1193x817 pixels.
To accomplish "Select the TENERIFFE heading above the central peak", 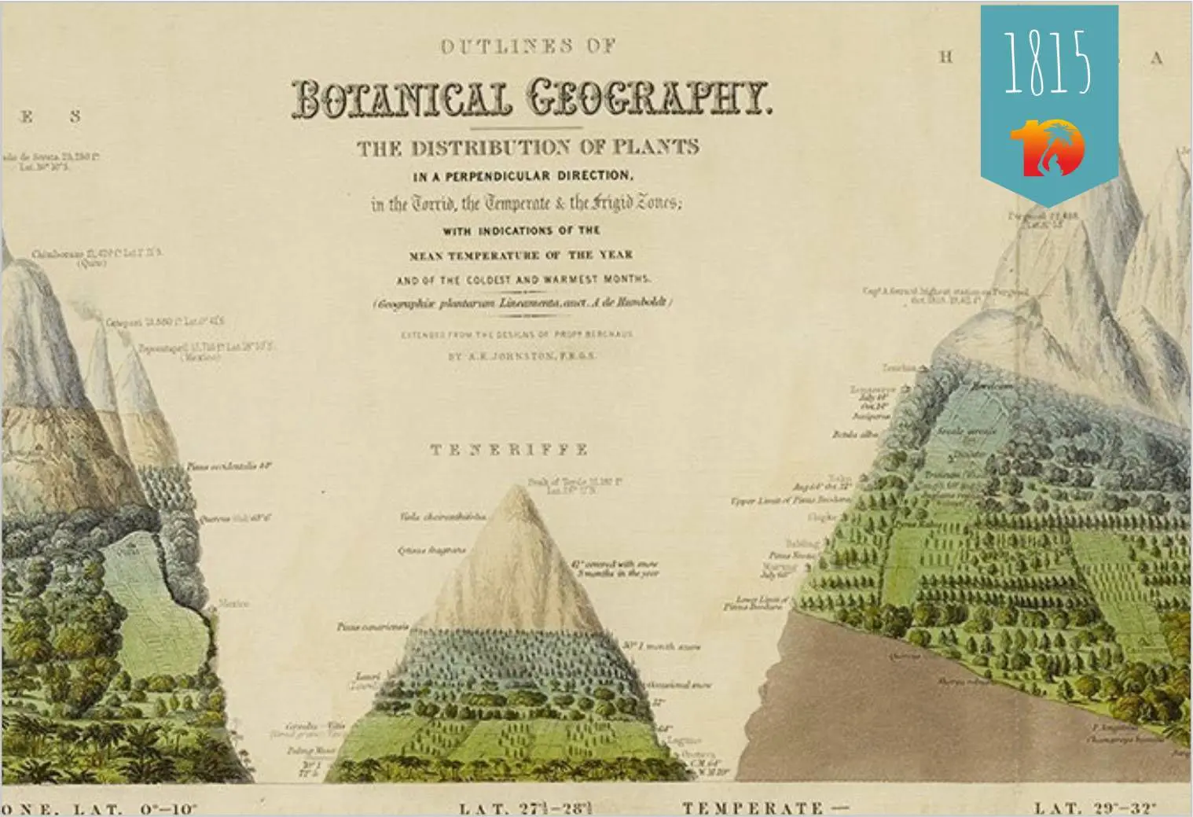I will pyautogui.click(x=509, y=450).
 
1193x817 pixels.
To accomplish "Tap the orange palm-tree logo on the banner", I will pyautogui.click(x=1048, y=147).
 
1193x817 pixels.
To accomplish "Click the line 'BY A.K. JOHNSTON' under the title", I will pyautogui.click(x=521, y=356).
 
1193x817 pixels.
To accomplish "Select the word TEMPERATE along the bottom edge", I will pyautogui.click(x=753, y=808).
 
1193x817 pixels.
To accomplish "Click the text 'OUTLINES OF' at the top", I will pyautogui.click(x=518, y=46).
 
